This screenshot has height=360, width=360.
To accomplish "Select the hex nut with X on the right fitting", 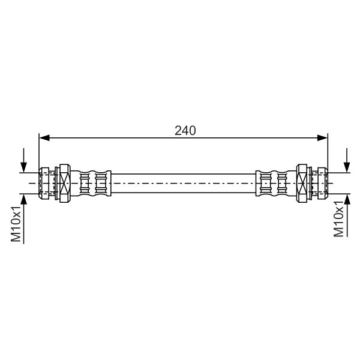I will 304,182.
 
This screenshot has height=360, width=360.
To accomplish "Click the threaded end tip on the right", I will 322,182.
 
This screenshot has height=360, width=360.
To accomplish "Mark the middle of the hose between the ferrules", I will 184,182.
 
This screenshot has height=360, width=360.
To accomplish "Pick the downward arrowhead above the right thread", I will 346,168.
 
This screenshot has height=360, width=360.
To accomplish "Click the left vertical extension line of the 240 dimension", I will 39,153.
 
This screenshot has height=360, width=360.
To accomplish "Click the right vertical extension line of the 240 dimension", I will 328,153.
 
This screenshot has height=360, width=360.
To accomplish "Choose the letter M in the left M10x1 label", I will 17,237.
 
